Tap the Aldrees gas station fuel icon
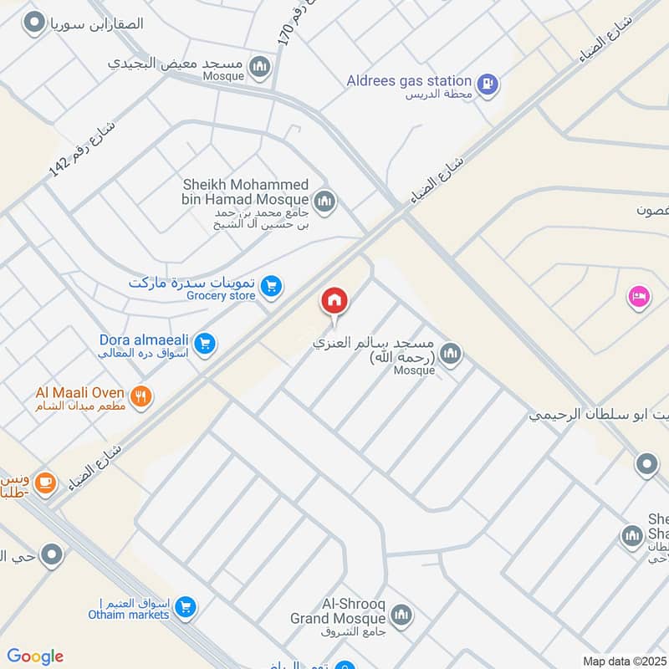[488, 84]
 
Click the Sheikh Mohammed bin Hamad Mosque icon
[324, 202]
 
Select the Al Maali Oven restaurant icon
[141, 396]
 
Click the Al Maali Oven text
[79, 392]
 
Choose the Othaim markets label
[129, 615]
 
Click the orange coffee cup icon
[45, 482]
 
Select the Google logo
[35, 656]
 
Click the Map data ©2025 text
[623, 661]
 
